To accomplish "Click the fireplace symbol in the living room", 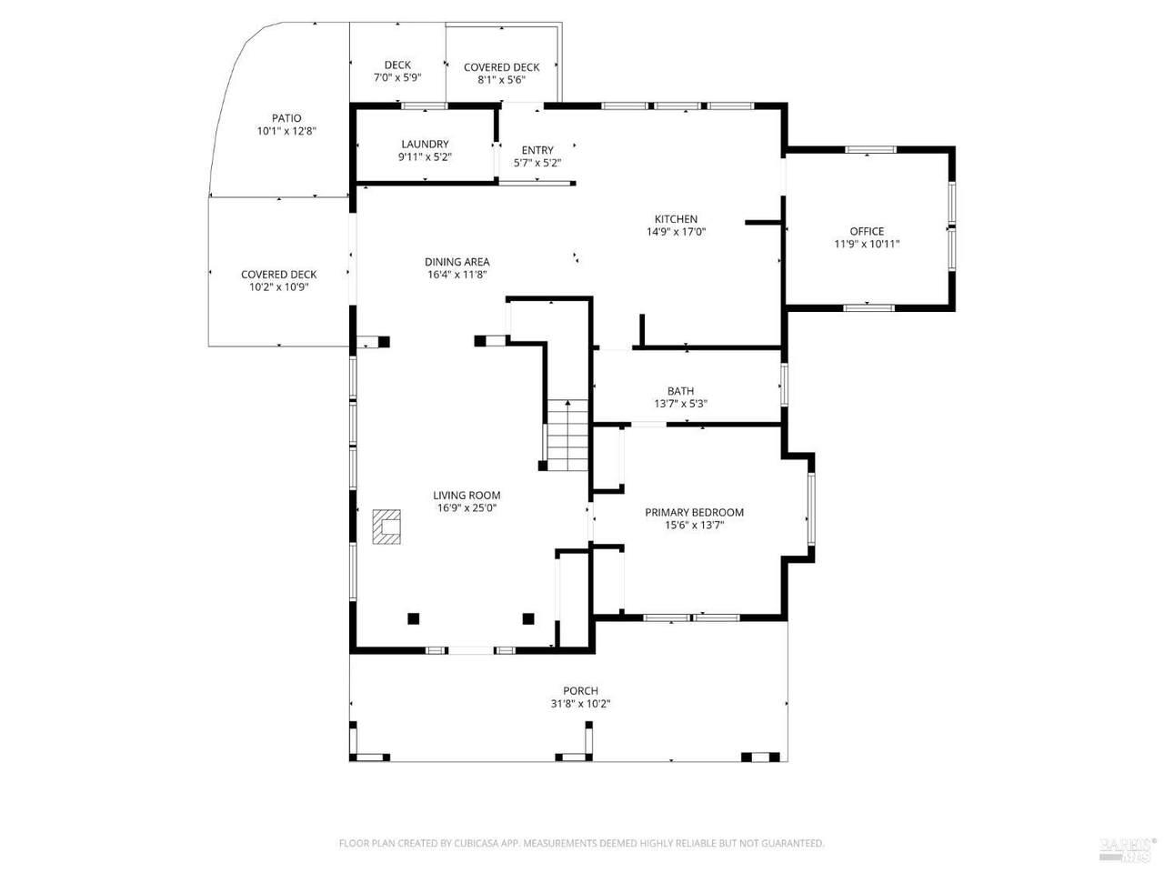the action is click(386, 527).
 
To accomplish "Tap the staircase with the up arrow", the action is click(567, 435).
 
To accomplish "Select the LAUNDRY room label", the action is click(425, 145).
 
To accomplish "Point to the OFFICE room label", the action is click(867, 231).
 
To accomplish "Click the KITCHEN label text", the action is click(676, 219).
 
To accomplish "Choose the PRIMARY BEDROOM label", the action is click(694, 512).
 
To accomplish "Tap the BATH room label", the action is click(680, 391).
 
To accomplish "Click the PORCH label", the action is click(580, 690).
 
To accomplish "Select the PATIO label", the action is click(286, 118).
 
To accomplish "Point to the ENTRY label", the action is click(537, 150).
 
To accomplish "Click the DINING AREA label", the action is click(457, 262).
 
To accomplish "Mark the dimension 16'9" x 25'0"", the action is click(467, 507).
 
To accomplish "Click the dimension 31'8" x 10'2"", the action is click(580, 704).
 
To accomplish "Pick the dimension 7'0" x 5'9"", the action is click(397, 77).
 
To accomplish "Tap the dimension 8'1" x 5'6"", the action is click(501, 80).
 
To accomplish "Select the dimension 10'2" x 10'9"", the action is click(279, 287).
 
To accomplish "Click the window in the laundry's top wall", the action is click(424, 106).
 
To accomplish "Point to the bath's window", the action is click(784, 385).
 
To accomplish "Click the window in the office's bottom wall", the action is click(868, 307).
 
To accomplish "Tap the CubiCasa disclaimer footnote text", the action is click(582, 843).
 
